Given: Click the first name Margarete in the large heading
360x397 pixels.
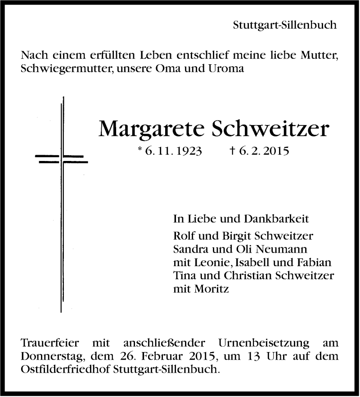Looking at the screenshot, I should [x=150, y=129].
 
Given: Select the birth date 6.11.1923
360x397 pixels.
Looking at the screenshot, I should [x=173, y=152].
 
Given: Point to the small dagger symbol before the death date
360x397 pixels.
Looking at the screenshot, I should [x=231, y=152].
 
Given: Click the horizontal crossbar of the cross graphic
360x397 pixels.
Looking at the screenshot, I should [x=61, y=158].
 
